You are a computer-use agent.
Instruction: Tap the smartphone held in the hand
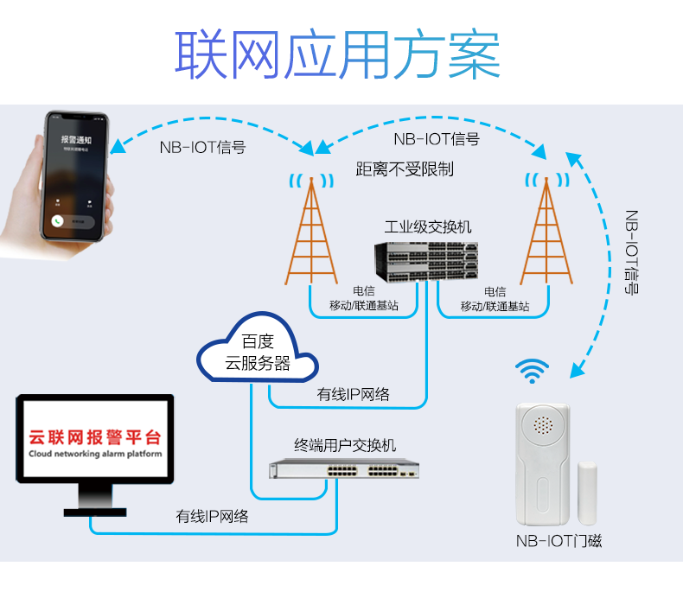click(75, 177)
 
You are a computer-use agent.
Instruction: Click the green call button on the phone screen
click(58, 221)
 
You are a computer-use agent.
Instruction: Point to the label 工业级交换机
click(428, 227)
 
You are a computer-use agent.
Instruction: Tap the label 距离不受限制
click(404, 169)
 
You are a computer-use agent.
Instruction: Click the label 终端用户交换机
click(345, 445)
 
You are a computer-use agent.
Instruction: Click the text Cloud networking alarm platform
click(95, 454)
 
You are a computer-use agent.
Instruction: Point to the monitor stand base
click(95, 511)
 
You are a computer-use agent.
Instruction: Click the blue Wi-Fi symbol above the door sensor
click(533, 372)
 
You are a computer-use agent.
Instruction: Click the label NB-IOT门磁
click(559, 542)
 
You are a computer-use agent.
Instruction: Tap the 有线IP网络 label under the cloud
click(353, 395)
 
